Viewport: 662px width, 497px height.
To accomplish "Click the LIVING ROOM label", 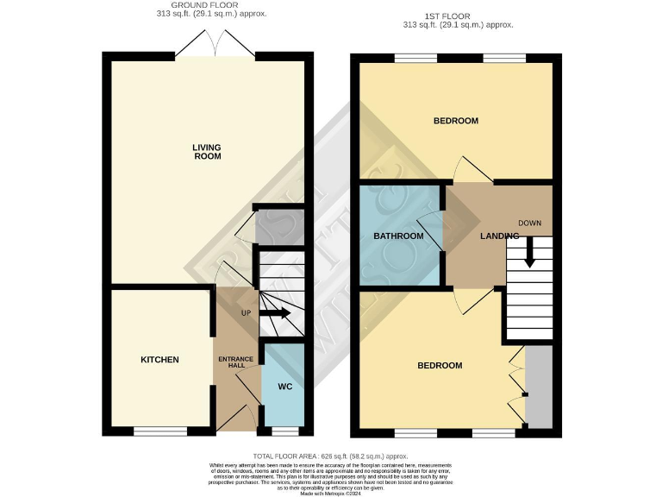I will pyautogui.click(x=207, y=152).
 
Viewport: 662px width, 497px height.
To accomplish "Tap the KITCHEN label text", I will pyautogui.click(x=159, y=359).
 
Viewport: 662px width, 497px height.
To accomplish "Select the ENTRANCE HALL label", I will pyautogui.click(x=235, y=362).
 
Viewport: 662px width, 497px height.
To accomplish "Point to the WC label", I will pyautogui.click(x=285, y=387).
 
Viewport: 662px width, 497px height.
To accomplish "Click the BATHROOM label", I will pyautogui.click(x=398, y=236).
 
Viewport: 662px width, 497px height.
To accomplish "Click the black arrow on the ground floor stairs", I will pyautogui.click(x=278, y=314).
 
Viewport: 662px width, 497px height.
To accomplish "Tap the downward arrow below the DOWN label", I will pyautogui.click(x=529, y=250).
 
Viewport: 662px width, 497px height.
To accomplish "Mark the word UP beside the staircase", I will pyautogui.click(x=246, y=313).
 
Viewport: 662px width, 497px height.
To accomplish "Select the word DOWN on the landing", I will pyautogui.click(x=529, y=223).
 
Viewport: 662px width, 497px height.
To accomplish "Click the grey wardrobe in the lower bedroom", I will pyautogui.click(x=539, y=387).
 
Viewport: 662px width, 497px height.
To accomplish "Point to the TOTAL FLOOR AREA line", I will pyautogui.click(x=330, y=456).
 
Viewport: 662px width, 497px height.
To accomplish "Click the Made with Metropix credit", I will pyautogui.click(x=330, y=493).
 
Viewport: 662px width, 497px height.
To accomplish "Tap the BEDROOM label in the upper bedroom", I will pyautogui.click(x=455, y=121).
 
